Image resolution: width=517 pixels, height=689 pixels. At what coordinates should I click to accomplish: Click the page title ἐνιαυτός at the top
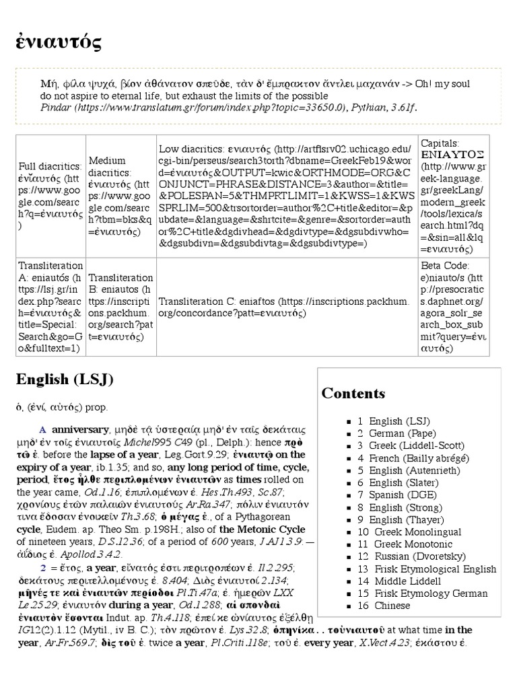pos(59,42)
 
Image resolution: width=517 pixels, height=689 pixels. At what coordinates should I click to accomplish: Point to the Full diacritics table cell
pos(50,195)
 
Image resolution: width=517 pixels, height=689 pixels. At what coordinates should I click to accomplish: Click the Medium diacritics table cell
pos(120,196)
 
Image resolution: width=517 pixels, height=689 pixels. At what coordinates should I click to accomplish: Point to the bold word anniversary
pos(80,429)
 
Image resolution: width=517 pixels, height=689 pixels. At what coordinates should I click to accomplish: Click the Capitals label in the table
pos(440,143)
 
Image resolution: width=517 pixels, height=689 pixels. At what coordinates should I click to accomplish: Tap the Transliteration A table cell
pos(50,307)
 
